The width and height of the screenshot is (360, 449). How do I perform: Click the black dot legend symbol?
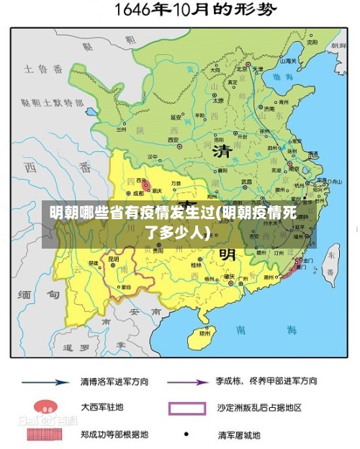tap(186, 434)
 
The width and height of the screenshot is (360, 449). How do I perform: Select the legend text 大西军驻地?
tap(102, 408)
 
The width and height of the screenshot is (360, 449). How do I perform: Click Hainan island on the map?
tap(204, 333)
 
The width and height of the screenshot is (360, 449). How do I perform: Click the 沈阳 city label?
tap(312, 42)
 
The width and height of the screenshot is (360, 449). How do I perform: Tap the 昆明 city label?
tap(113, 259)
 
